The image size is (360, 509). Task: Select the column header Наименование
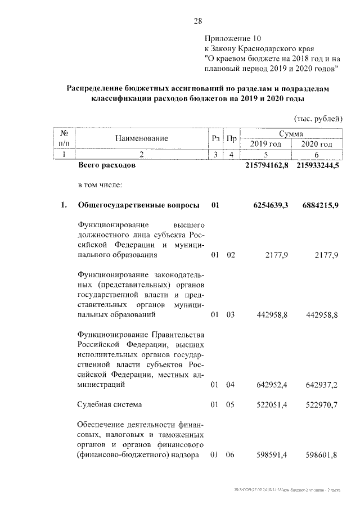(x=142, y=138)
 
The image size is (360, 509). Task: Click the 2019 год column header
(x=265, y=144)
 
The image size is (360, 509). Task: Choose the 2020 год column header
(x=317, y=144)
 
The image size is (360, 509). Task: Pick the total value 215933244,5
(x=317, y=166)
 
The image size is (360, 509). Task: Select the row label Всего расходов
(x=106, y=166)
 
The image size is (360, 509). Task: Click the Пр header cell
(x=231, y=138)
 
